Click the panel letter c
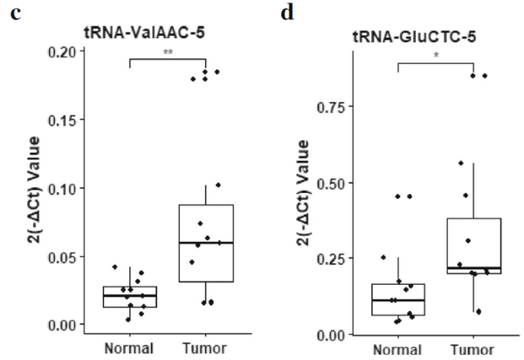pyautogui.click(x=13, y=15)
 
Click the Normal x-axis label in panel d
pyautogui.click(x=397, y=351)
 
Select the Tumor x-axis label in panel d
pyautogui.click(x=472, y=351)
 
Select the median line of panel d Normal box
pyautogui.click(x=397, y=300)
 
